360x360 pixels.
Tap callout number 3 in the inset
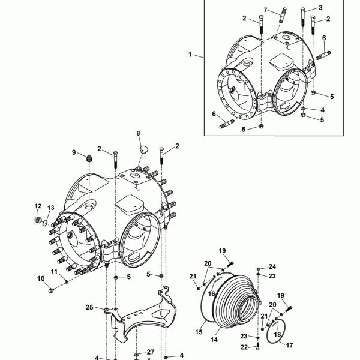pos(320,7)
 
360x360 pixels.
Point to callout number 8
pos(138,133)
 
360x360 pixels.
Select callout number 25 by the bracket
pos(89,307)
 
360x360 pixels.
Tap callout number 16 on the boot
pos(211,294)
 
